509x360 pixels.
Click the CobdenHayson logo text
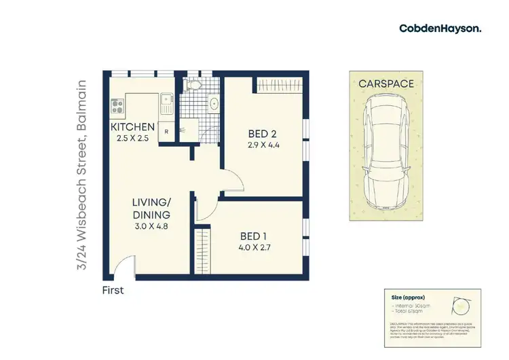click(440, 28)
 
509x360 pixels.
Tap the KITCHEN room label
click(133, 128)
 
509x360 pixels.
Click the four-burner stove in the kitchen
click(117, 106)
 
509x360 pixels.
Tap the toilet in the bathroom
click(193, 86)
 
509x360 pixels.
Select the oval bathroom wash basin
click(214, 104)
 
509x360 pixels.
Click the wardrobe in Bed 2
click(279, 85)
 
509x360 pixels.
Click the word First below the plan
click(114, 289)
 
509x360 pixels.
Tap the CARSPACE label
click(386, 84)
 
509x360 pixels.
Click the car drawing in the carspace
click(385, 153)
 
